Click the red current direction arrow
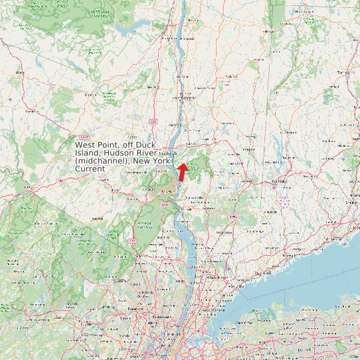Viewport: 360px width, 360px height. [x=182, y=169]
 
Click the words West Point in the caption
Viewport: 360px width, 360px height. [x=94, y=144]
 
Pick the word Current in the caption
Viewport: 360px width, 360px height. [x=90, y=169]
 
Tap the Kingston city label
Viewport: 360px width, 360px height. [x=185, y=38]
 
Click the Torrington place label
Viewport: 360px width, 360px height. [x=343, y=72]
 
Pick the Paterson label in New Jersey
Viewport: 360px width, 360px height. [x=135, y=309]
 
